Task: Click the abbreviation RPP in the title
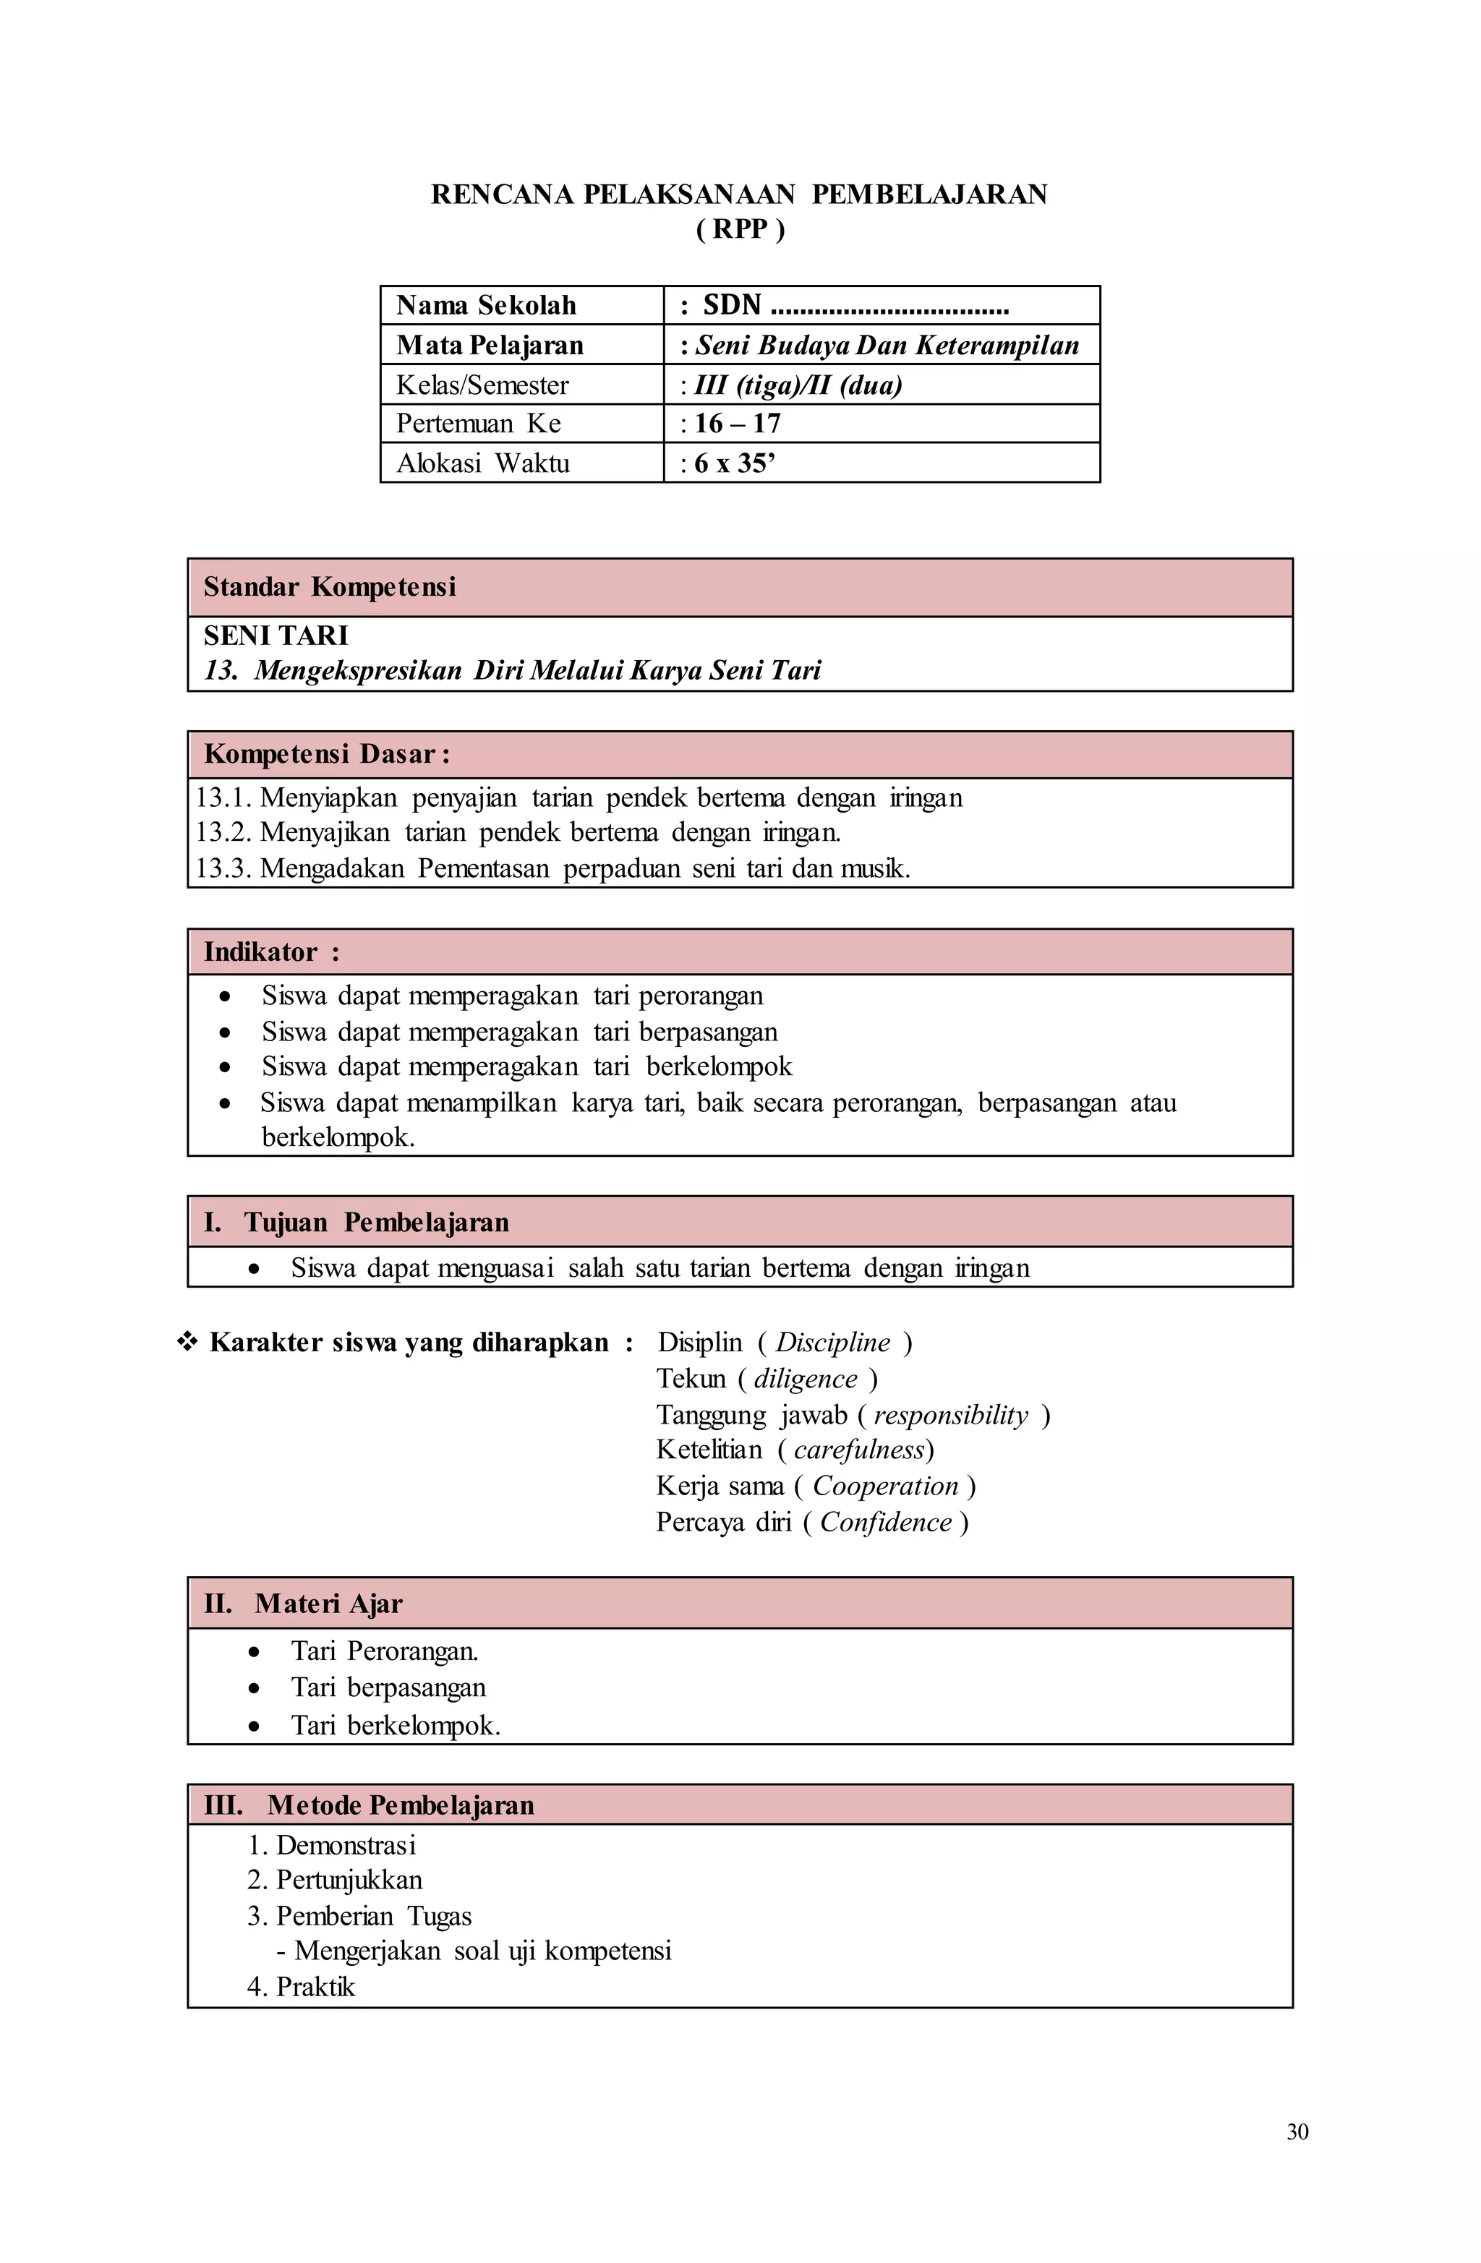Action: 740,229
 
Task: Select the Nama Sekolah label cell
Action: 486,305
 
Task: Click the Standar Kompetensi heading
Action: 330,586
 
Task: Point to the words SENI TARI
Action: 276,636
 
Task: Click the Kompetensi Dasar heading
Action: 326,754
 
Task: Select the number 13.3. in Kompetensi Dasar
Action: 223,868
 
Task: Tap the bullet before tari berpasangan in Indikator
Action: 224,1032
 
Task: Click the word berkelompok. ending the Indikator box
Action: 338,1137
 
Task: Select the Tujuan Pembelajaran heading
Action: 376,1222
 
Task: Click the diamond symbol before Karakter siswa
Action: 187,1342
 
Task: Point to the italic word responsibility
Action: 950,1415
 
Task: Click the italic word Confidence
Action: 886,1523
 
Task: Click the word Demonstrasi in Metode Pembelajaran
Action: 346,1846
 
